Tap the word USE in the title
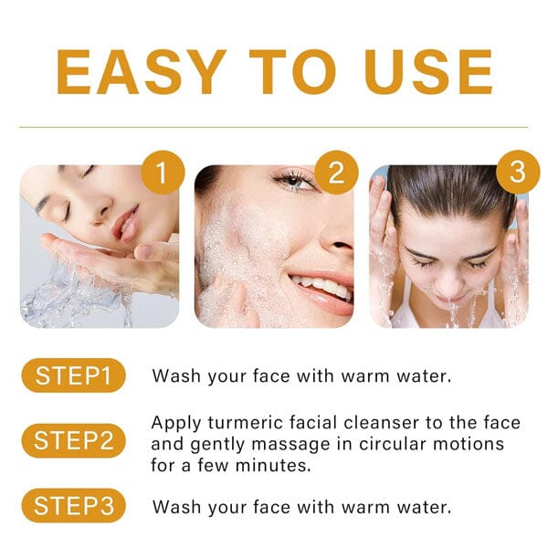click(x=428, y=71)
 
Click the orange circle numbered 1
click(x=163, y=172)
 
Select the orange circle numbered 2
click(x=336, y=172)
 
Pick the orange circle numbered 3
click(x=518, y=172)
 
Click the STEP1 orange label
click(x=73, y=375)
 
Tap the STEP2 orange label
click(x=73, y=440)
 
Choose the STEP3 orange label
click(x=73, y=505)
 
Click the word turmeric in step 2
click(x=246, y=423)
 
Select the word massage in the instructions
click(x=290, y=445)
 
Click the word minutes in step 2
click(x=273, y=465)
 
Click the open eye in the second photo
click(x=293, y=181)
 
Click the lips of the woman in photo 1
click(x=126, y=224)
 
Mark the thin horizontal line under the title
click(x=274, y=127)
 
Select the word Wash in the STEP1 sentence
click(x=176, y=376)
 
